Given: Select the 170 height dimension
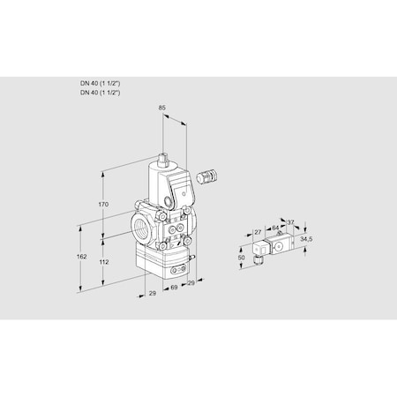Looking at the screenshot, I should click(x=103, y=205).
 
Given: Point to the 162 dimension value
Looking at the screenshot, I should click(x=81, y=257).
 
